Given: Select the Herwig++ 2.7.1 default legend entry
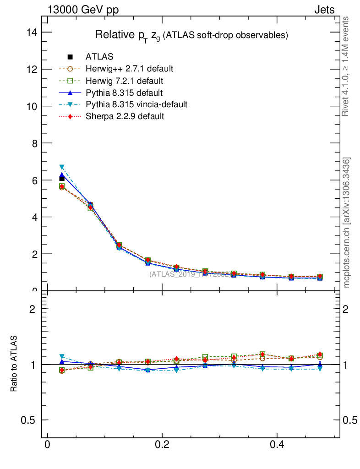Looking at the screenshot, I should click(129, 69).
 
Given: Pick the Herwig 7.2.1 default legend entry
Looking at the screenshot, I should click(124, 81).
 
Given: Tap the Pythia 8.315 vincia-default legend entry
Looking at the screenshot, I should click(136, 104).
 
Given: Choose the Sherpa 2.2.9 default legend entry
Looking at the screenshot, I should click(125, 116).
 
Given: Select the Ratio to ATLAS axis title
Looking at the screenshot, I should click(14, 364).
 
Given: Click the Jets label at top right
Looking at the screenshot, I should click(324, 10).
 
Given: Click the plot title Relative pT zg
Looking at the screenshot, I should click(191, 35).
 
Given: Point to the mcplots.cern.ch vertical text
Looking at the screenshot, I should click(347, 223).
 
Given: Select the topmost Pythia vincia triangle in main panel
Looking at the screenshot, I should click(62, 167).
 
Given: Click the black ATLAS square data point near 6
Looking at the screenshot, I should click(62, 179).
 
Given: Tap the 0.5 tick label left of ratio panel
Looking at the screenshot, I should click(29, 420).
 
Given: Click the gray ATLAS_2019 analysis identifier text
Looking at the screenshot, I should click(190, 274).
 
